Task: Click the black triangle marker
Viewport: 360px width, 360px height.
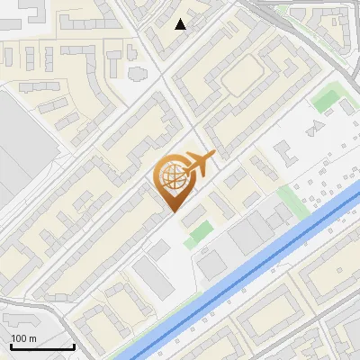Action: (181, 24)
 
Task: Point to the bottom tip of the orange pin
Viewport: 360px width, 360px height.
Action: (173, 211)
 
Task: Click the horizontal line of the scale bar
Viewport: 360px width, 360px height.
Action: (41, 346)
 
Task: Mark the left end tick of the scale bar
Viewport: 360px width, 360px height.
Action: (10, 345)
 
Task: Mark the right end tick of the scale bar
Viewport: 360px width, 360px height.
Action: (74, 345)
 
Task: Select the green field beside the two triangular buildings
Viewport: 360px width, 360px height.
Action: (327, 99)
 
